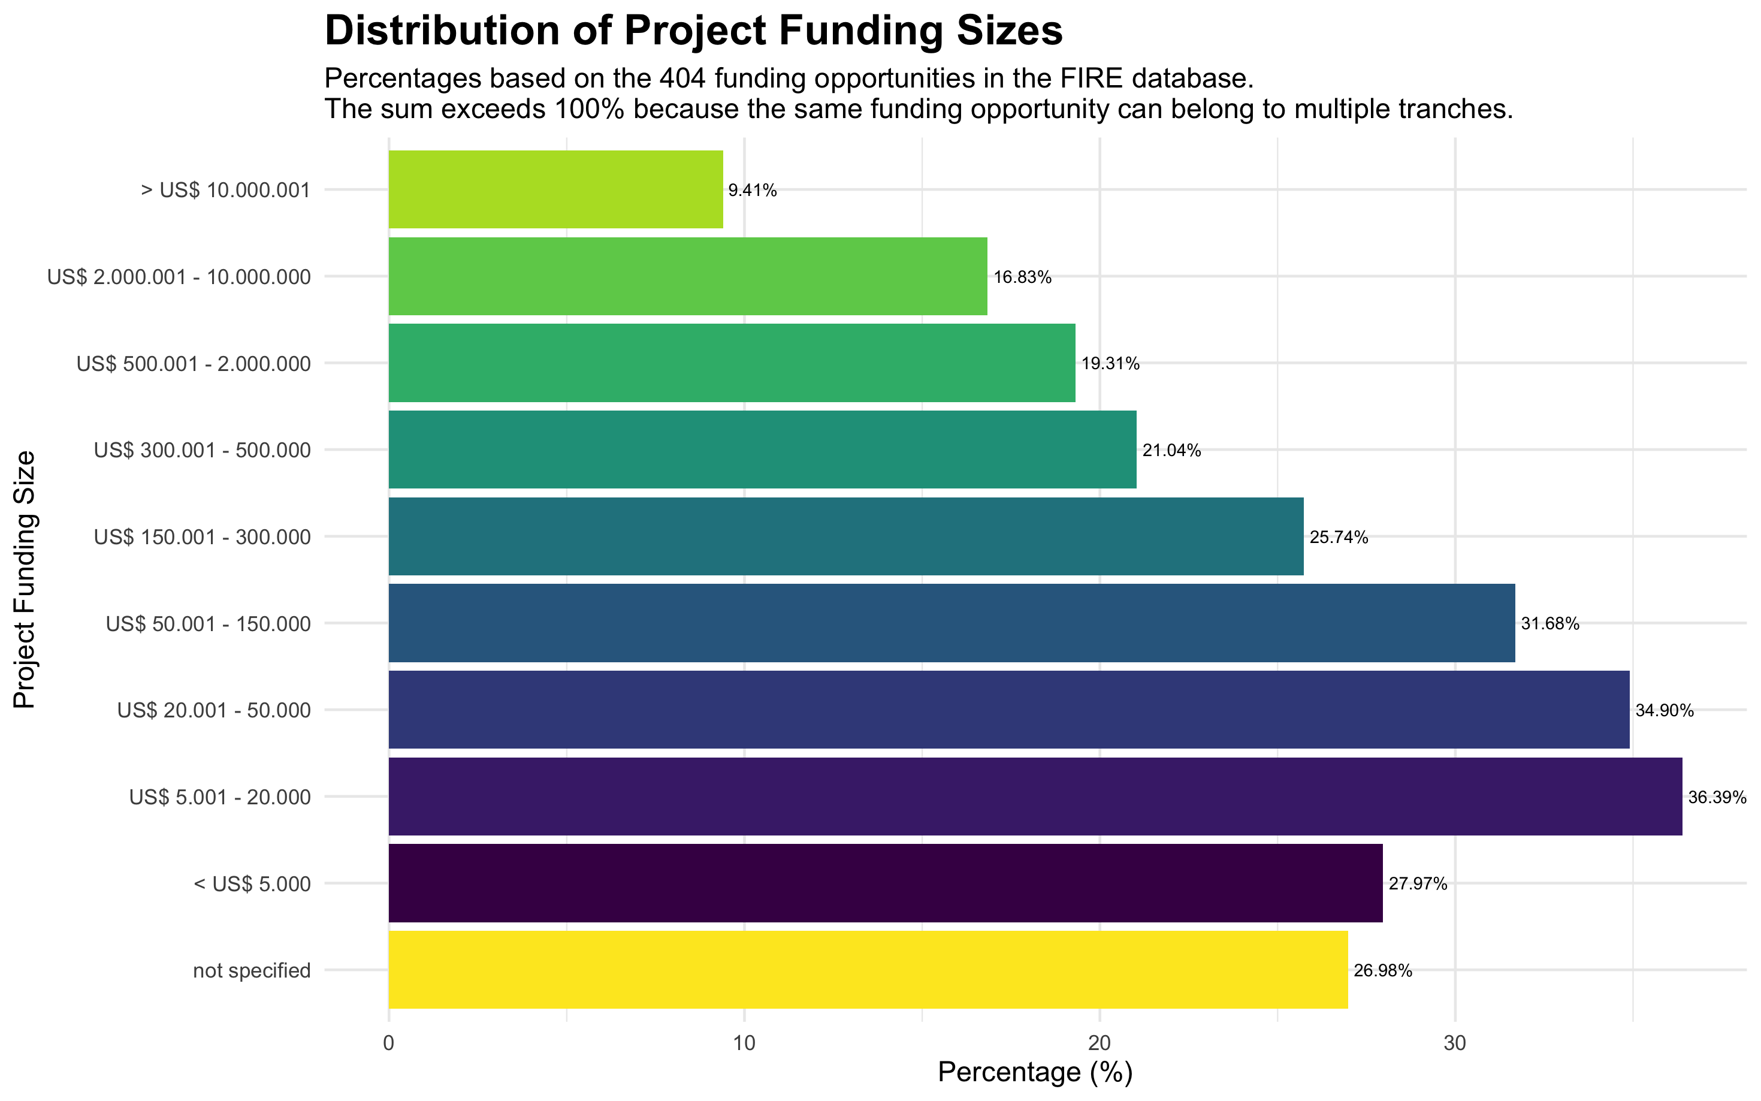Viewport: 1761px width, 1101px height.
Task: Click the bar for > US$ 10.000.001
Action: (x=555, y=189)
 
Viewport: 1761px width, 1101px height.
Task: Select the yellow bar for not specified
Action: (x=868, y=969)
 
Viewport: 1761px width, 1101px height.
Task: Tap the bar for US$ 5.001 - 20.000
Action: (x=1035, y=796)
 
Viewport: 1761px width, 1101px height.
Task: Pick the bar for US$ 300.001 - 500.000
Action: (x=762, y=450)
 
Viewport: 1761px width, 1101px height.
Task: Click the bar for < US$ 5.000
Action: (x=885, y=883)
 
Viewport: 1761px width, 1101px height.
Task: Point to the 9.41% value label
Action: (x=753, y=191)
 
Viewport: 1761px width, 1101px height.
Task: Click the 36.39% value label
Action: (x=1717, y=797)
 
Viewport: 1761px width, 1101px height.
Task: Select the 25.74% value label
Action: (x=1339, y=538)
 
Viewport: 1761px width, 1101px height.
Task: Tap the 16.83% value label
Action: (x=1022, y=277)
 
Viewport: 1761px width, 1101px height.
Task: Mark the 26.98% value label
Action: (x=1382, y=971)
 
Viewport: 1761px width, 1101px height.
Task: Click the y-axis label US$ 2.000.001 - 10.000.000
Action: (x=179, y=277)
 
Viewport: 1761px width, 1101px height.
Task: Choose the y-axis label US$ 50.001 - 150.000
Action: (x=208, y=623)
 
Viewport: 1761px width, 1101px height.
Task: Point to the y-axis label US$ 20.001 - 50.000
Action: (x=214, y=710)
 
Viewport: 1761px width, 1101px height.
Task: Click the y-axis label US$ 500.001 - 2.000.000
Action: (x=194, y=363)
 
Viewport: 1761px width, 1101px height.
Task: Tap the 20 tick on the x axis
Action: (x=1100, y=1043)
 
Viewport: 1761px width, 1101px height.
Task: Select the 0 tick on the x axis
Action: (x=389, y=1043)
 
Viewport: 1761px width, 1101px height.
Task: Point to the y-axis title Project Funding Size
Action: (x=25, y=579)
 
